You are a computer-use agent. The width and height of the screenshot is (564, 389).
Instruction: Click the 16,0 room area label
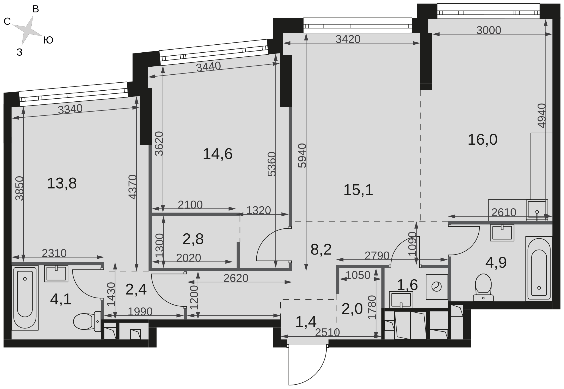pos(482,140)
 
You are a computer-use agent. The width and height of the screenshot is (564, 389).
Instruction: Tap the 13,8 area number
pos(62,183)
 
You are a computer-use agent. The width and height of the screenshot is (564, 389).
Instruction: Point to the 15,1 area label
pos(358,190)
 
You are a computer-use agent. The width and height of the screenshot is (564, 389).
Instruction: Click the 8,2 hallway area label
pos(321,250)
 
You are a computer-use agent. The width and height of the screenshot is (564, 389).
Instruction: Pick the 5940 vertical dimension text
pos(302,155)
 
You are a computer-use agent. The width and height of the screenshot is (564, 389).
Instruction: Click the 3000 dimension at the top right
pos(489,30)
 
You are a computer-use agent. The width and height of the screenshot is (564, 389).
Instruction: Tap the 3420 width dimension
pos(348,39)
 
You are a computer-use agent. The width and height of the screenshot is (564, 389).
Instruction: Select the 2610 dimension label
pos(504,212)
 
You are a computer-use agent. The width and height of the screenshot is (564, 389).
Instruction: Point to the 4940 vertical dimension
pos(541,115)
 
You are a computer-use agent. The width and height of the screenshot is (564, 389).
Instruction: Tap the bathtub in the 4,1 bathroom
pos(25,298)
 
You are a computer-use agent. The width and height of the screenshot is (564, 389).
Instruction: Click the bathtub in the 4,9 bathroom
pos(539,269)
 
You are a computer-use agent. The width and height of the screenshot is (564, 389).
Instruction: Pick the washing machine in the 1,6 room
pos(436,287)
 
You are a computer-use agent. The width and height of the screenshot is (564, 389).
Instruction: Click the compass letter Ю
pos(48,40)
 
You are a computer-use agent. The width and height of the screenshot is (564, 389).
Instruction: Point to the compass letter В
pos(36,9)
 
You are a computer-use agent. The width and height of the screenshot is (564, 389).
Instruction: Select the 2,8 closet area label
pos(193,239)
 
